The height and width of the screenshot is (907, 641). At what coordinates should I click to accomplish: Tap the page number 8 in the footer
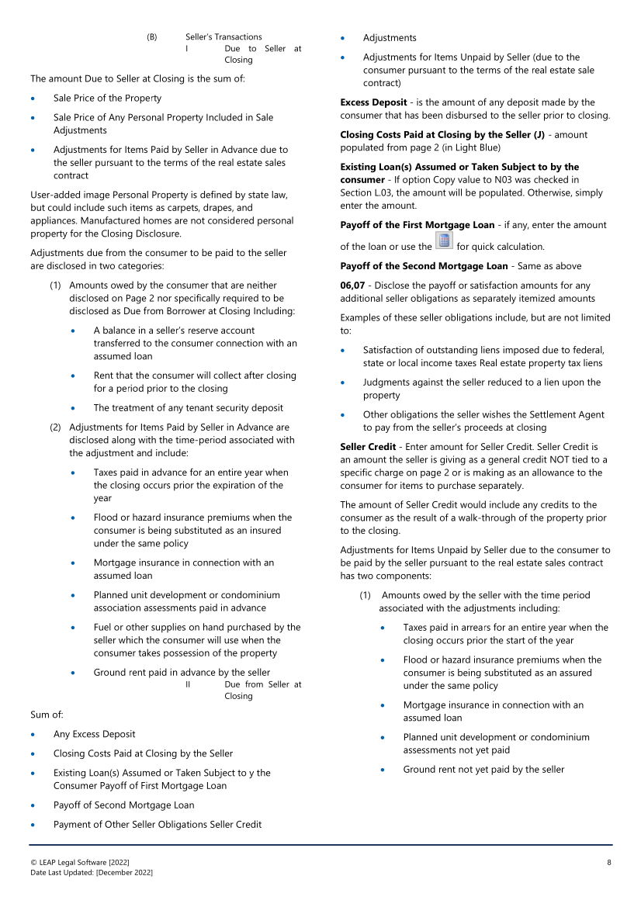pos(609,862)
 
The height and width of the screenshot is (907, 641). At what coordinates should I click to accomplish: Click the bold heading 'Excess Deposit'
pos(373,102)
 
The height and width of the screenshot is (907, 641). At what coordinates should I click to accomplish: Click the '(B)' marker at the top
pos(152,36)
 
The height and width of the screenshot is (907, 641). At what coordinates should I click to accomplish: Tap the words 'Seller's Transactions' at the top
pos(223,36)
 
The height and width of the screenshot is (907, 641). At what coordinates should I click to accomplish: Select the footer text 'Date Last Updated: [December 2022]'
pos(92,873)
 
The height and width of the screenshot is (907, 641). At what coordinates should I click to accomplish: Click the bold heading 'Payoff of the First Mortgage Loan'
pos(417,225)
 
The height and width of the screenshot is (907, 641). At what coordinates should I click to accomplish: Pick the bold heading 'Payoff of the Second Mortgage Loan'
pos(424,266)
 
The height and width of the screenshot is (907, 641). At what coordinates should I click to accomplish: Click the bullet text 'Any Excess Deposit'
pos(94,734)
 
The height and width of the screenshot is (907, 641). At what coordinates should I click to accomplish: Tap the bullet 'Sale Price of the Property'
pos(107,99)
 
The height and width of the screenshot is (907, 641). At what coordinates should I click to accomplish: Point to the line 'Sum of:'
pos(47,715)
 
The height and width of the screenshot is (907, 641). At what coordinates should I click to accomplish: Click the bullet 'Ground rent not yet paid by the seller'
pos(483,770)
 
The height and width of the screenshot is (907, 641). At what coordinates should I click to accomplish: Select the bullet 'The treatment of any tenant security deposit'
pos(188,408)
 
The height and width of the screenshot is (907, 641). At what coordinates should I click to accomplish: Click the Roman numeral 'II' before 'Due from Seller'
pos(188,684)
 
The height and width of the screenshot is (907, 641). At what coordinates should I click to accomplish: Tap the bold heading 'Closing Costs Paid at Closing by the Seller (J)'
pos(442,134)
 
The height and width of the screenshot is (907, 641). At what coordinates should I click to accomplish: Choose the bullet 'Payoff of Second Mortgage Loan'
pos(123,805)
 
